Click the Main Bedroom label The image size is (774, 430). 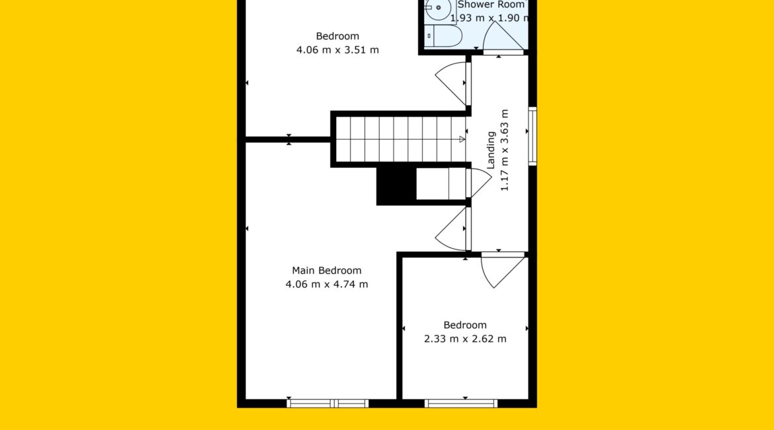pyautogui.click(x=326, y=271)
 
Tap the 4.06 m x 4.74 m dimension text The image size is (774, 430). pyautogui.click(x=326, y=284)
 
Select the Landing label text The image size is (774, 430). pyautogui.click(x=491, y=150)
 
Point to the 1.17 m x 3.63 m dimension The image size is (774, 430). pyautogui.click(x=505, y=150)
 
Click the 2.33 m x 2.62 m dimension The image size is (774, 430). pyautogui.click(x=465, y=339)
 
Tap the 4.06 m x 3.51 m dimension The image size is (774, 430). pyautogui.click(x=337, y=50)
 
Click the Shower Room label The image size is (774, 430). pyautogui.click(x=491, y=5)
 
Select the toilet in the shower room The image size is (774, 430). pyautogui.click(x=443, y=36)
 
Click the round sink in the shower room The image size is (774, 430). pyautogui.click(x=439, y=8)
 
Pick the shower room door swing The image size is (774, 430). pyautogui.click(x=503, y=37)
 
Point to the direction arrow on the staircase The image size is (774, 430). pyautogui.click(x=462, y=139)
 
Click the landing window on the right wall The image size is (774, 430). pyautogui.click(x=533, y=136)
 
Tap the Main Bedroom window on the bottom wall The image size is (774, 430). pyautogui.click(x=327, y=404)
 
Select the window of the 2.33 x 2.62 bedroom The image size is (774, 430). pyautogui.click(x=461, y=404)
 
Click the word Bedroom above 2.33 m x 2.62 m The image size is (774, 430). pyautogui.click(x=465, y=325)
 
